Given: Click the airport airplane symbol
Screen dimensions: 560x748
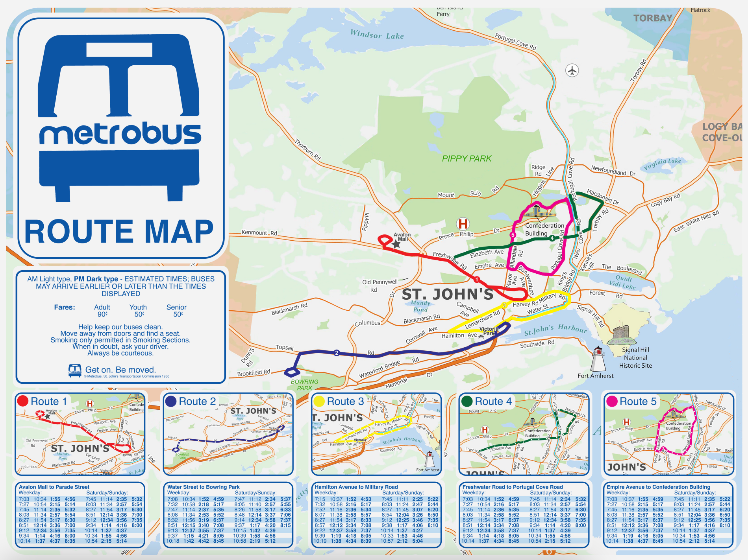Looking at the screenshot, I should pyautogui.click(x=572, y=70).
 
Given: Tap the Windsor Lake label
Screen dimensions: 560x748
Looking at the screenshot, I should pyautogui.click(x=377, y=35).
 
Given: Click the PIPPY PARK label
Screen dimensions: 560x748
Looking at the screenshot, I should pyautogui.click(x=467, y=158).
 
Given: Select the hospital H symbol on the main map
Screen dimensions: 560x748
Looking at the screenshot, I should pyautogui.click(x=463, y=224).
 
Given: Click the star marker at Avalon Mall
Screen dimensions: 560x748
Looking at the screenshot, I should pyautogui.click(x=396, y=244).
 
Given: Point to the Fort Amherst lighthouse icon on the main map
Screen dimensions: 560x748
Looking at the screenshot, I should pyautogui.click(x=598, y=359).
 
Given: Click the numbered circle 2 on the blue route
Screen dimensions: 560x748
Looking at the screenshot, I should pyautogui.click(x=336, y=353).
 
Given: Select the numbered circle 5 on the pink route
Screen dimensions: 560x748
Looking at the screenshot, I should pyautogui.click(x=512, y=235).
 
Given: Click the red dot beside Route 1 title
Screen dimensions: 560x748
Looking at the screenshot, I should pyautogui.click(x=23, y=401).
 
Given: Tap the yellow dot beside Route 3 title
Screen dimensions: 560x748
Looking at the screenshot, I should pyautogui.click(x=318, y=401).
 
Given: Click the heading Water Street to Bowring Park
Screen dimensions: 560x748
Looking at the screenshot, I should pyautogui.click(x=203, y=487).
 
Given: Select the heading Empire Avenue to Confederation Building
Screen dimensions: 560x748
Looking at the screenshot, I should pyautogui.click(x=658, y=487).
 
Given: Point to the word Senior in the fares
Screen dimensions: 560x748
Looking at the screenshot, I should pyautogui.click(x=176, y=307).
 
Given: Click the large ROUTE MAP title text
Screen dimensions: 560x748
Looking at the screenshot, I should pyautogui.click(x=119, y=232).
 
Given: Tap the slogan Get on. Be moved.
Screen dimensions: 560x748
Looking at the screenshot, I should pyautogui.click(x=120, y=370).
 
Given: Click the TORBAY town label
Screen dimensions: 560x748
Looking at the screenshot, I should pyautogui.click(x=653, y=18).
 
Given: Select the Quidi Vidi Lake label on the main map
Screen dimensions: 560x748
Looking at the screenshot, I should pyautogui.click(x=623, y=282).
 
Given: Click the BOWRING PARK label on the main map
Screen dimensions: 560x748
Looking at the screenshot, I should pyautogui.click(x=304, y=385).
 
